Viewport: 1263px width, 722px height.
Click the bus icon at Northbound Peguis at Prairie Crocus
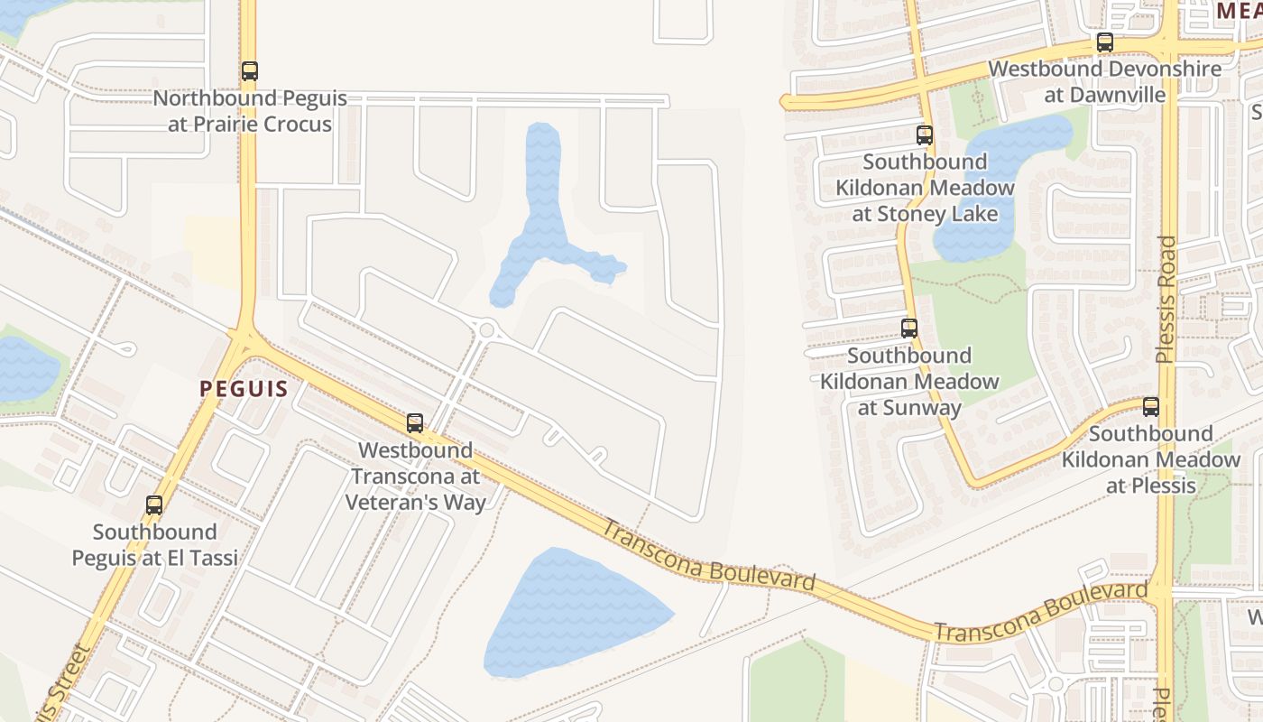coord(250,71)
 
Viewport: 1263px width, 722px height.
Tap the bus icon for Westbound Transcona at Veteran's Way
coord(415,423)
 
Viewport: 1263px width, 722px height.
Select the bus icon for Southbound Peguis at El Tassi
coord(154,505)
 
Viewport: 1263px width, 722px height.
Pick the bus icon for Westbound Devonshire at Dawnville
coord(1105,42)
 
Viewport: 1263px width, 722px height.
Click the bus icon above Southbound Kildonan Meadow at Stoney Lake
coord(925,135)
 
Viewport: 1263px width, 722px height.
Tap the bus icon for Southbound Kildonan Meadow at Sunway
coord(909,329)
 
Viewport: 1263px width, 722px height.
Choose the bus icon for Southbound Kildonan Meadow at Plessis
coord(1151,407)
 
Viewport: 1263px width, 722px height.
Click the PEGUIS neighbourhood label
coord(244,389)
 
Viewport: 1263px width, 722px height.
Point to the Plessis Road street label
coord(1167,299)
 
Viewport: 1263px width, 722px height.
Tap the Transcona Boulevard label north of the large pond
coord(708,555)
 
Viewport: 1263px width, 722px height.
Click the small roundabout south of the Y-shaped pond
coord(487,330)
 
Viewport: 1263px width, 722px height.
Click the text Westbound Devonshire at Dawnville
coord(1105,81)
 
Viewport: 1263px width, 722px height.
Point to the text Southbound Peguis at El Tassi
coord(155,544)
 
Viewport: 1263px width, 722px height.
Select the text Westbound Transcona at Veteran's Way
coord(415,476)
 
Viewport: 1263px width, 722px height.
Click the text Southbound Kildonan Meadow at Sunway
coord(909,381)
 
